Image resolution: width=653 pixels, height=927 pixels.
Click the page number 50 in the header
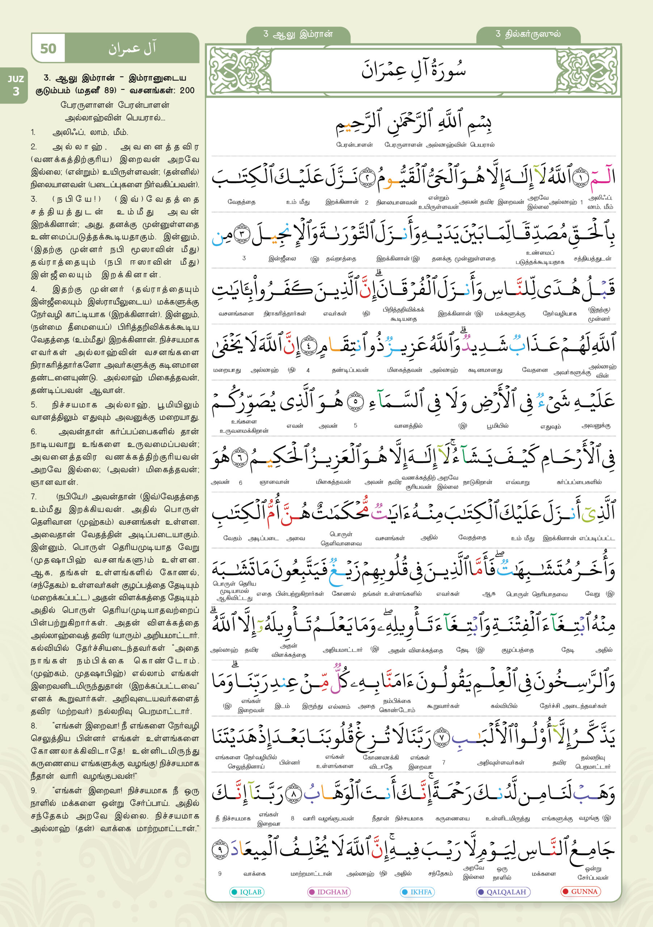(48, 49)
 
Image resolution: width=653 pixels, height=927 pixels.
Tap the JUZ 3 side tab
(15, 85)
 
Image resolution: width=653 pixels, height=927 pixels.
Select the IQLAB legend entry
(247, 892)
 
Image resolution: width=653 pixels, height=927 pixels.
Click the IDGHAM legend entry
(329, 892)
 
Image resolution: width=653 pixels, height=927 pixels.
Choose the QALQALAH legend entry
(503, 892)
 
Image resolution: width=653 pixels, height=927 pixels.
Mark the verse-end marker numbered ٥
(355, 401)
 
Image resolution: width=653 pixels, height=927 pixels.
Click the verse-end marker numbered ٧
(441, 737)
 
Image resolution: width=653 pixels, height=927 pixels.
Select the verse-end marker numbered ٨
(294, 794)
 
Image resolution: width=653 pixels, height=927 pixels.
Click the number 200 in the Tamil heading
(187, 91)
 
